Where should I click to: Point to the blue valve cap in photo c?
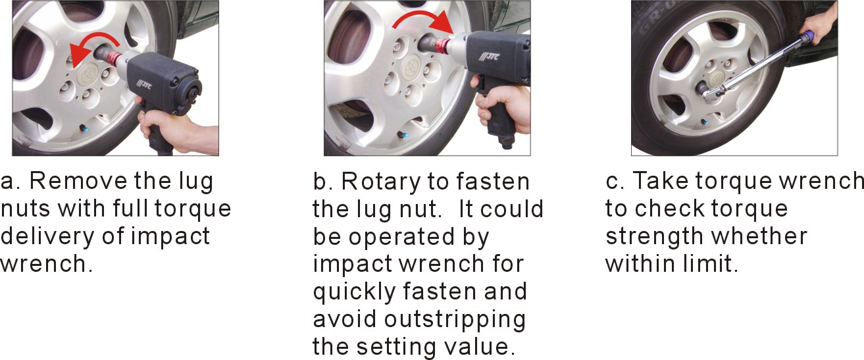coord(706,122)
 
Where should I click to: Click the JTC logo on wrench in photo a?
coord(145,84)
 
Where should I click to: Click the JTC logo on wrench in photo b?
coord(489,57)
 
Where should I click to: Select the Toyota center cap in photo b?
coord(413,68)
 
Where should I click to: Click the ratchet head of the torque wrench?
coord(713,93)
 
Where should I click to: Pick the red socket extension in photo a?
coord(113,59)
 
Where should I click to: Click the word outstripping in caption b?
coord(455,319)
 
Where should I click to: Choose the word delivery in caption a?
coord(48,236)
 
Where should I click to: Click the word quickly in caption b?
coord(355,292)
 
